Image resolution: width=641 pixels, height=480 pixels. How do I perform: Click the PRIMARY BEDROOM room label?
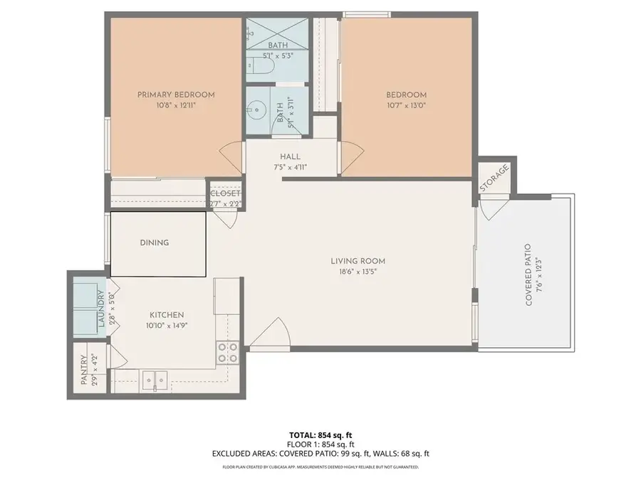(x=176, y=95)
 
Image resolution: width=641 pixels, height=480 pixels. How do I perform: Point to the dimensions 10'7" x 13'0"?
(x=406, y=106)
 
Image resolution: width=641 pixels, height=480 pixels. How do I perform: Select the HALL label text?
(x=290, y=156)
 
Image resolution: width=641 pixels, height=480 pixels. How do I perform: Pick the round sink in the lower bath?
(x=258, y=112)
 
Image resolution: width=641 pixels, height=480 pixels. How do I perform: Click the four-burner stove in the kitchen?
(x=228, y=353)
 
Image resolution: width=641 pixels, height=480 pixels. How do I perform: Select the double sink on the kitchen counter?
(x=154, y=381)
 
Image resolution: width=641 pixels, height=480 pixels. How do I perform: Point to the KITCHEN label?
(x=167, y=315)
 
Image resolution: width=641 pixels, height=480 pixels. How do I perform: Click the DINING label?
(x=155, y=242)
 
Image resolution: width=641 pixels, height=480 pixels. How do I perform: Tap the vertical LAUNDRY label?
(x=102, y=311)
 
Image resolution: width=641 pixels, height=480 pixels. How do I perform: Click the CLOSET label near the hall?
(x=225, y=193)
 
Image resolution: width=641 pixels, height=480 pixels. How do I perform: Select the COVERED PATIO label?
(x=528, y=275)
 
